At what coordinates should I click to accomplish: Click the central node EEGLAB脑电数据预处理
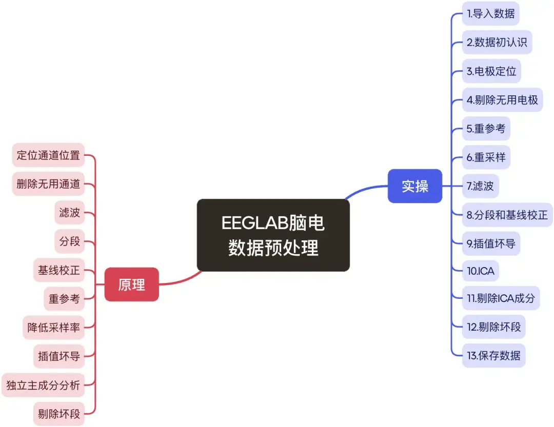(273, 235)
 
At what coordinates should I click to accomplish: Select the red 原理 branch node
(132, 284)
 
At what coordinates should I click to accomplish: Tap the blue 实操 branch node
(414, 186)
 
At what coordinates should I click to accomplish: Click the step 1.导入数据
(490, 13)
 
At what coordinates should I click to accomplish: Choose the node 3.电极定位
(491, 71)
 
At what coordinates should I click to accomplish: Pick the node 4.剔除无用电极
(502, 100)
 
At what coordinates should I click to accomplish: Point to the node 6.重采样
(486, 157)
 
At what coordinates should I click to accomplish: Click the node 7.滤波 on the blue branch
(480, 186)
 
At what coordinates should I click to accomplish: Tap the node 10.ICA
(481, 271)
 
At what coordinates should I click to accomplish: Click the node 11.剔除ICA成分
(501, 298)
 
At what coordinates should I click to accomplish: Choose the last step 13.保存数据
(493, 355)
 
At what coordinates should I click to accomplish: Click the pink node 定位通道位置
(48, 155)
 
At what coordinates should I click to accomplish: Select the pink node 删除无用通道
(48, 184)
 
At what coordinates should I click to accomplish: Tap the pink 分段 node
(70, 240)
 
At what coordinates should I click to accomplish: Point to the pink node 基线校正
(59, 270)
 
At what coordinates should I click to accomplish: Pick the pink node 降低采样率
(54, 327)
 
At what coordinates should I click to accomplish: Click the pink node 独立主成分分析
(43, 385)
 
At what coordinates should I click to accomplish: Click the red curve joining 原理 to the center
(180, 280)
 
